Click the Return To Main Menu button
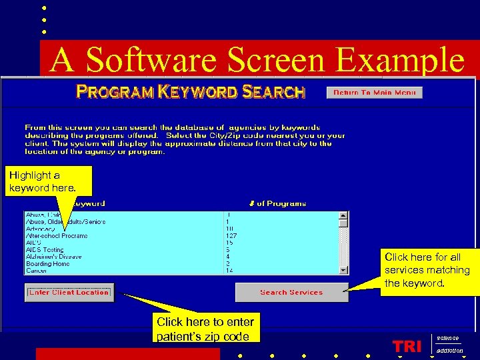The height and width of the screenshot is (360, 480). pyautogui.click(x=374, y=93)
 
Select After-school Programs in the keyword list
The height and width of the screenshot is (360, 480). pyautogui.click(x=57, y=235)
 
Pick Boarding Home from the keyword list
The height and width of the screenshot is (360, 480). pyautogui.click(x=47, y=264)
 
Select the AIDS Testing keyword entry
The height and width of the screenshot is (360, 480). pyautogui.click(x=45, y=250)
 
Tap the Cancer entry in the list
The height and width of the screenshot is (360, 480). pyautogui.click(x=36, y=271)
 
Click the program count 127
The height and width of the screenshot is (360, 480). pyautogui.click(x=231, y=235)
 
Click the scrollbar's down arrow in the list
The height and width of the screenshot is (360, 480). pyautogui.click(x=343, y=270)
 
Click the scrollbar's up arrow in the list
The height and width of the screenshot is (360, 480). pyautogui.click(x=343, y=215)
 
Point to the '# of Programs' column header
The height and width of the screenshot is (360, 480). pyautogui.click(x=277, y=203)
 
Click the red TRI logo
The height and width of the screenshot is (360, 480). pyautogui.click(x=407, y=346)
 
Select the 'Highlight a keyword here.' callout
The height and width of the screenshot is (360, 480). pyautogui.click(x=42, y=181)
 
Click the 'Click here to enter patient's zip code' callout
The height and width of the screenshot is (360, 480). pyautogui.click(x=205, y=329)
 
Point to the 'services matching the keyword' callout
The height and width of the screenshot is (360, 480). pyautogui.click(x=427, y=270)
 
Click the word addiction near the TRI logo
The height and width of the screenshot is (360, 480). pyautogui.click(x=449, y=351)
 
